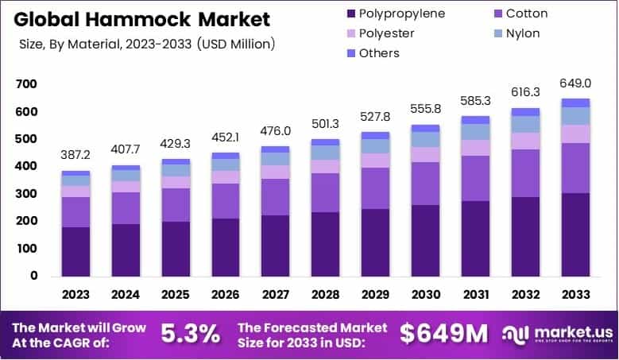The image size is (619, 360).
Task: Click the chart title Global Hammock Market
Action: tap(141, 18)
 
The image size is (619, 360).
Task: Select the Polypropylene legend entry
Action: tap(402, 14)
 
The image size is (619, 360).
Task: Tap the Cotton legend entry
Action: tap(526, 14)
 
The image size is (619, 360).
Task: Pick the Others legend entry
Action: tap(379, 53)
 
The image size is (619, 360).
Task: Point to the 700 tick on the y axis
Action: tap(26, 84)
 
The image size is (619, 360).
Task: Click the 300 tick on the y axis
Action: tap(26, 194)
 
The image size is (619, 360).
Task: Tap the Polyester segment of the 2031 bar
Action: tap(476, 148)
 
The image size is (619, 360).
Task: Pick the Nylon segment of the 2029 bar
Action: tap(376, 146)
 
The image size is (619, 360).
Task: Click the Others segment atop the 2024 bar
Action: tap(126, 168)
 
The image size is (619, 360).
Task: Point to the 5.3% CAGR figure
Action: tap(191, 335)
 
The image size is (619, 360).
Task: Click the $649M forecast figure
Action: tap(444, 335)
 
